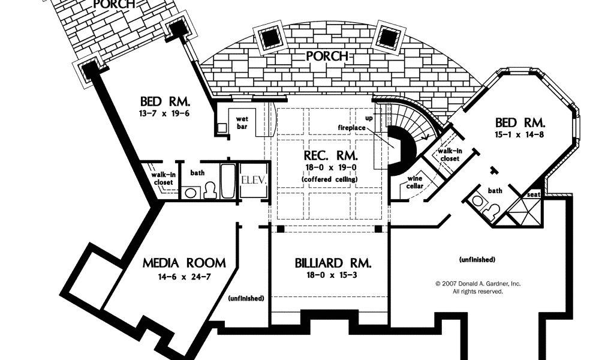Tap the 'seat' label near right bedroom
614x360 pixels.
pyautogui.click(x=533, y=195)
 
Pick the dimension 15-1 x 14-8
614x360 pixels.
pyautogui.click(x=519, y=134)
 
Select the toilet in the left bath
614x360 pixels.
pyautogui.click(x=209, y=191)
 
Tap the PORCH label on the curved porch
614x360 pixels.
pyautogui.click(x=327, y=56)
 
